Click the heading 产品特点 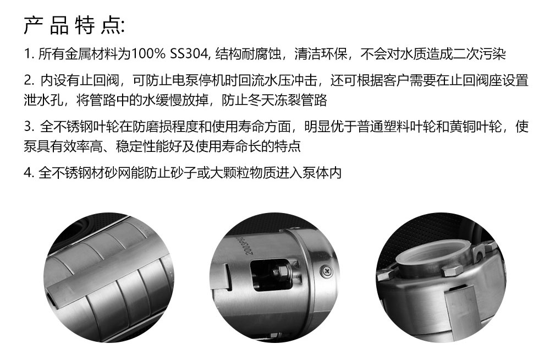(74, 25)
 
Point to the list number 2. (29, 80)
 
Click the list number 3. (29, 127)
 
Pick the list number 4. (29, 173)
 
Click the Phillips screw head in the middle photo (327, 270)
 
